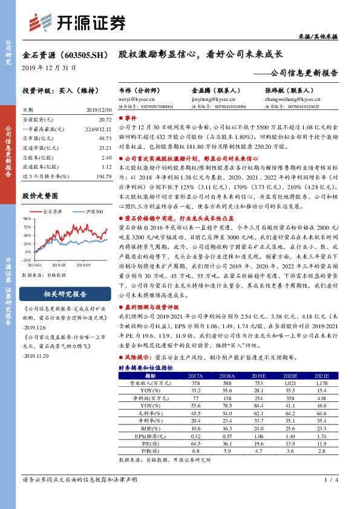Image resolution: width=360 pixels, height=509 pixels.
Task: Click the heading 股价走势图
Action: (x=40, y=196)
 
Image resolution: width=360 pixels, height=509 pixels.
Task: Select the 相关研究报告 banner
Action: (x=67, y=294)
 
